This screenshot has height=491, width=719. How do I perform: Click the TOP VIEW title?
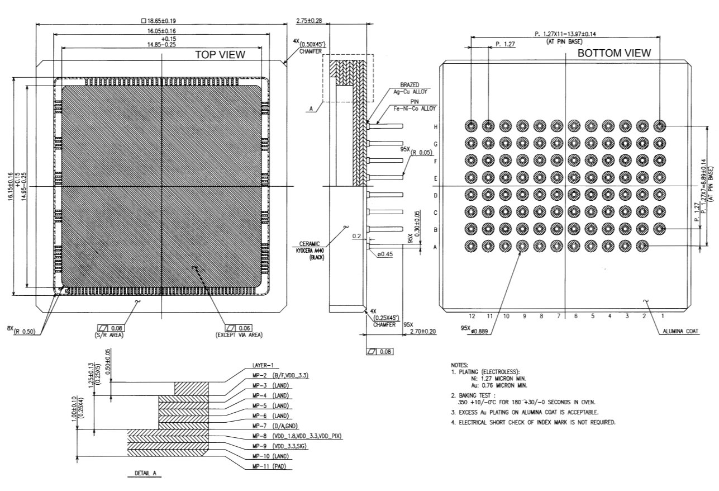click(220, 55)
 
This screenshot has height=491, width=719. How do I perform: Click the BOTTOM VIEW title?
click(614, 53)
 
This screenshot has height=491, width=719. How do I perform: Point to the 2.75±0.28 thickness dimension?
click(309, 21)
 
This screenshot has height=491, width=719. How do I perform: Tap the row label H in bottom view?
click(435, 127)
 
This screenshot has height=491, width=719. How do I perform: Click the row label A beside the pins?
click(435, 247)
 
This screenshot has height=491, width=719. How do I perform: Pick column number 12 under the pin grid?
click(472, 316)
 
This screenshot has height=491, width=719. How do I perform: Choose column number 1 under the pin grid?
click(663, 316)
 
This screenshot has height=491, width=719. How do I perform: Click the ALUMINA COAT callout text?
click(680, 331)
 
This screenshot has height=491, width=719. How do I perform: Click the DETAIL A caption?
click(145, 473)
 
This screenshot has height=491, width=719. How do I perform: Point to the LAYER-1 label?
click(261, 365)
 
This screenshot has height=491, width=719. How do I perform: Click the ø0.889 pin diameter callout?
click(483, 331)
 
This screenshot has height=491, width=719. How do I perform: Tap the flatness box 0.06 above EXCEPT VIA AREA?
click(239, 328)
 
